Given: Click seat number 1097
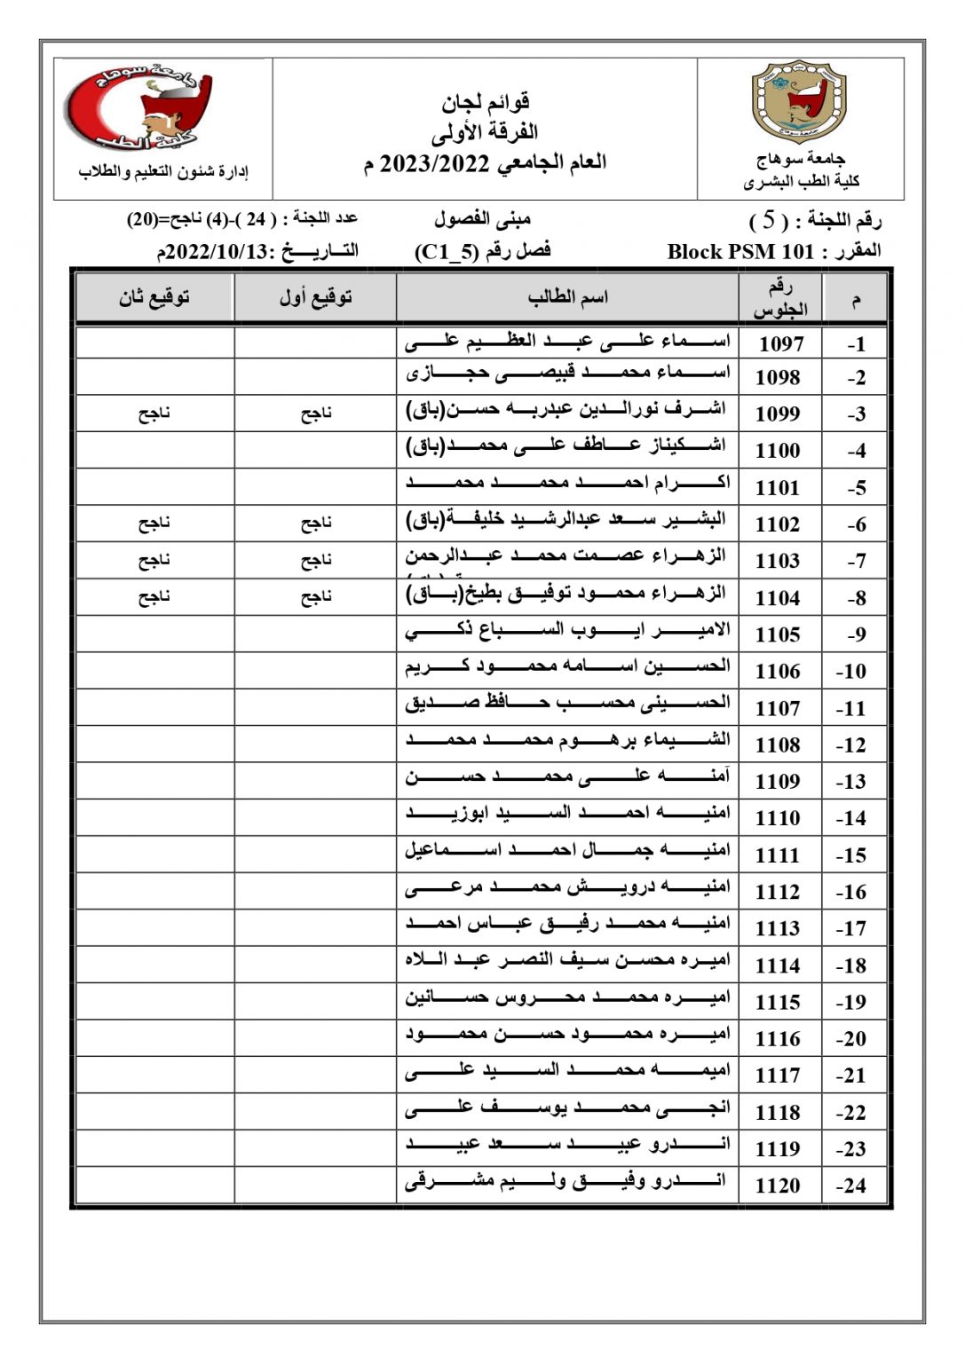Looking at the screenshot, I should point(779,343).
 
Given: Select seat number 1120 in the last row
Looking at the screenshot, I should point(778,1186).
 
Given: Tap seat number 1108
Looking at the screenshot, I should point(778,745).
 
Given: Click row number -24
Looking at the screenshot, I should point(851,1186).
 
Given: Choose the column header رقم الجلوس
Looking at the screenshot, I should point(779,298).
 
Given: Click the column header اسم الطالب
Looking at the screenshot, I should point(567,297).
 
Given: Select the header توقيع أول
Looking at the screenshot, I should point(315,297).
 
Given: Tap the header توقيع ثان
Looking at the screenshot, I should point(154,297).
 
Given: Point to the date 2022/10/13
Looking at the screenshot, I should point(217,252).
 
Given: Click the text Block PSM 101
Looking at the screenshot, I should point(740,252).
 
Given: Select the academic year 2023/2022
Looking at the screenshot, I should point(435,164).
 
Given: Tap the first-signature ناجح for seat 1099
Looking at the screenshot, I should point(315,413).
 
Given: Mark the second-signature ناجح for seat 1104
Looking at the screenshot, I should point(154,596).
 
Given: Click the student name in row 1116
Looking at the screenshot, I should point(567,1034).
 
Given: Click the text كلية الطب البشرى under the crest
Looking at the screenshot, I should point(801,182).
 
